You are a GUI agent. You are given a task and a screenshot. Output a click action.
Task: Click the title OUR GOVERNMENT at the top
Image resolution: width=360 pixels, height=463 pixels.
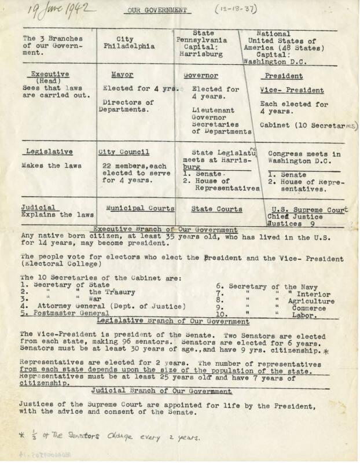155,10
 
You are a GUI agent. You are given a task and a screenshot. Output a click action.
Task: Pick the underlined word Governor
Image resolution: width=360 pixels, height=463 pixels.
201,76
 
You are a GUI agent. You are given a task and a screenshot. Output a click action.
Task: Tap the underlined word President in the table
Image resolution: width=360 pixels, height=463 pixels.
284,76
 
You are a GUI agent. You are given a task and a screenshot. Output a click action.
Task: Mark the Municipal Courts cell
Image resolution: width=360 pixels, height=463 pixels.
140,207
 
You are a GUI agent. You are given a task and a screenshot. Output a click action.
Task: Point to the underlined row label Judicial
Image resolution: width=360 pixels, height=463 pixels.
39,207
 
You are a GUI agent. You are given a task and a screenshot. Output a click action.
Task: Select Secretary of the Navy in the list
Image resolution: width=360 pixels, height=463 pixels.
266,286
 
